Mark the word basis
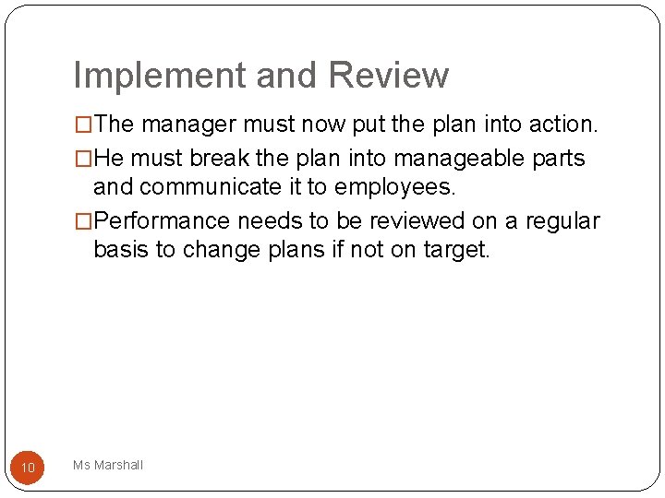click(x=121, y=250)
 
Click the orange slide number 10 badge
click(x=28, y=468)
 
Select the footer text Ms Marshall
click(x=108, y=466)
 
